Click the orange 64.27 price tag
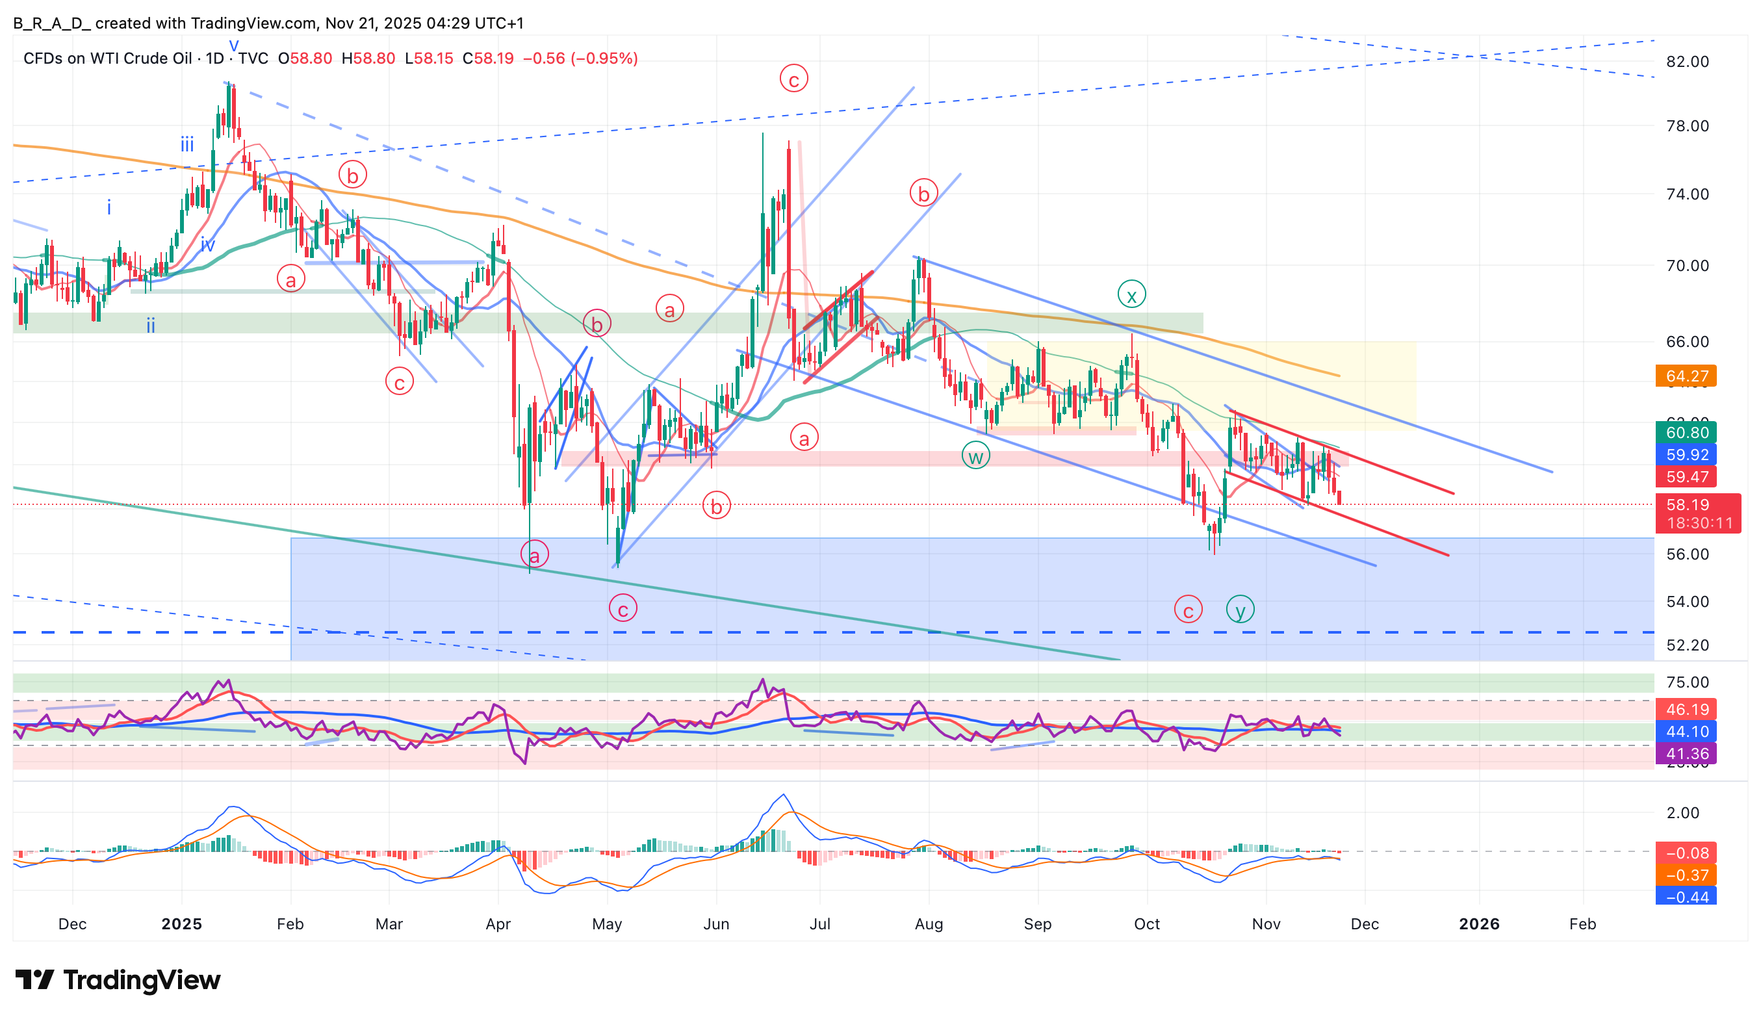(1686, 376)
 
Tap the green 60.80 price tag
(1686, 433)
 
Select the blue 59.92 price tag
(1686, 455)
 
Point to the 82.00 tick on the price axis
(1687, 62)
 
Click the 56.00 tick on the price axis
(1687, 554)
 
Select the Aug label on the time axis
(929, 924)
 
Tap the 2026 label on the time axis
(1479, 924)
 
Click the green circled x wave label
(1131, 294)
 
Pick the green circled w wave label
(975, 456)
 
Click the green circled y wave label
(1240, 610)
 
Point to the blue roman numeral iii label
(187, 145)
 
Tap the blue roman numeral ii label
(150, 325)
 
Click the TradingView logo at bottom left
(118, 980)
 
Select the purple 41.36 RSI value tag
(1686, 753)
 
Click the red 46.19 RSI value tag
(1686, 710)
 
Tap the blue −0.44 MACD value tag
(1686, 897)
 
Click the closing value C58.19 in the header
(488, 58)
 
